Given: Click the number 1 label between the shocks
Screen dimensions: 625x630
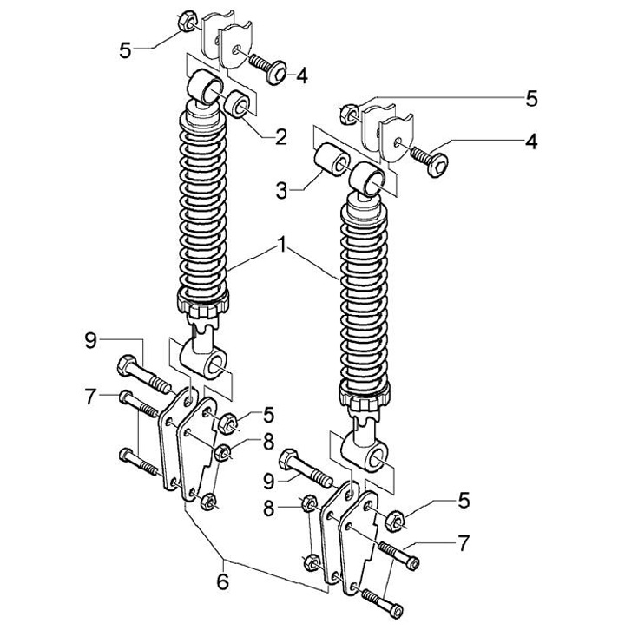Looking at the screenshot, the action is [x=283, y=245].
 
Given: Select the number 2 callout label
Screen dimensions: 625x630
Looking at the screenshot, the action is [x=281, y=136].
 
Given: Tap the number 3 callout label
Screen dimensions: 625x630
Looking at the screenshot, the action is [x=281, y=190].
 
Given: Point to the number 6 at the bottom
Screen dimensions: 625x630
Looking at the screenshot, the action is [x=222, y=581].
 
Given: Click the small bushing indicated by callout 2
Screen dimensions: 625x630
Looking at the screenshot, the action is [x=237, y=104].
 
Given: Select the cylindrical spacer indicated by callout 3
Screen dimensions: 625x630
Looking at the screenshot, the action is [x=332, y=159].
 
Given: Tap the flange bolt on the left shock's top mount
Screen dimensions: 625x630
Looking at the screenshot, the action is [x=267, y=69].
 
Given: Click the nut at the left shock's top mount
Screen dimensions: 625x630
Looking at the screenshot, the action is [x=187, y=21].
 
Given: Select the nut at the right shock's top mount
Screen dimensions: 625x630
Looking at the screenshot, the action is [x=349, y=114].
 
